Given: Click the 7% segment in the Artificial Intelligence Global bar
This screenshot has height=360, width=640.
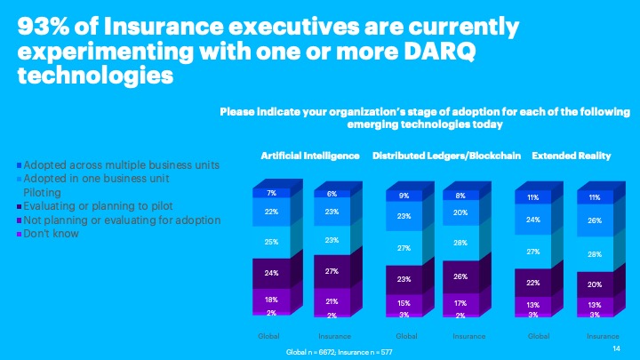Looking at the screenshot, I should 272,192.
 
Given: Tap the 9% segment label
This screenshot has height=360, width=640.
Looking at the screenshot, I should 404,196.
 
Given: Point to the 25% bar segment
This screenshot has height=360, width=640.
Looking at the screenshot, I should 272,241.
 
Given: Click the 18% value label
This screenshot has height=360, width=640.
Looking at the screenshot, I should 272,300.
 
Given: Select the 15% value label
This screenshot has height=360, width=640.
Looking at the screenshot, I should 404,303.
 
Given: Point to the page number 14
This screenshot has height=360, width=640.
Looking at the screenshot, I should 617,350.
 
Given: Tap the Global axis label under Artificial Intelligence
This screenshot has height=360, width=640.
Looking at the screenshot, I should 268,337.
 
